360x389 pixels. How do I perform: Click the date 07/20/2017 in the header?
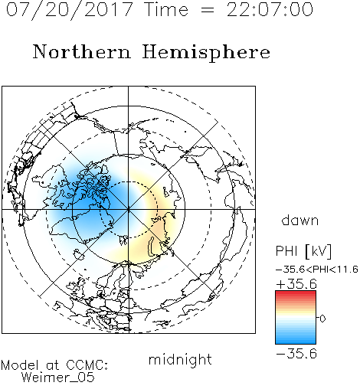70,10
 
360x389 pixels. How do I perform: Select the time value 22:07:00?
270,9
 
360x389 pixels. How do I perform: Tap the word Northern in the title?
82,51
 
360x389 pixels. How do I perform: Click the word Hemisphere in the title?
206,53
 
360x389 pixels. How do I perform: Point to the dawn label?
300,220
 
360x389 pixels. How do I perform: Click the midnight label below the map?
180,360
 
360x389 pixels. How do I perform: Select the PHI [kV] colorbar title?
304,251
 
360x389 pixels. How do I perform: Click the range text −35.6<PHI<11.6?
317,270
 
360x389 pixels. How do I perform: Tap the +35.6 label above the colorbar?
296,284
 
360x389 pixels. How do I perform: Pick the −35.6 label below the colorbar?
296,354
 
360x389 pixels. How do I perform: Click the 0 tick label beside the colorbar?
322,319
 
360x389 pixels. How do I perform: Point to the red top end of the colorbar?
296,293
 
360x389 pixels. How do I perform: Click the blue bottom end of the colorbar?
296,342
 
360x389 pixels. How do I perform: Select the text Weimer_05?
57,377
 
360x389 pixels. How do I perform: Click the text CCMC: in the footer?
87,365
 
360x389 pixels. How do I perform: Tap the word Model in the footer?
20,365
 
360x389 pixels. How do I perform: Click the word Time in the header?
166,10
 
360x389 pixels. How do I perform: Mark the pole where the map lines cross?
128,209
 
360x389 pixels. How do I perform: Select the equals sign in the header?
208,11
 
